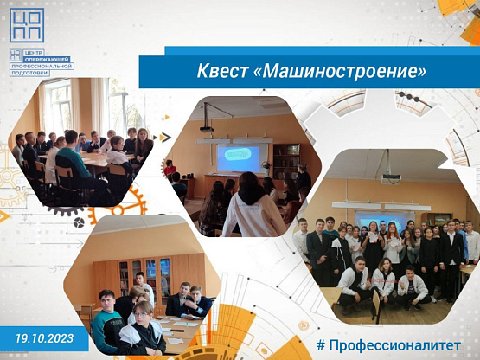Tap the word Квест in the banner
click(x=222, y=71)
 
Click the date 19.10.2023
click(x=45, y=338)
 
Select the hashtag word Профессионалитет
click(x=395, y=345)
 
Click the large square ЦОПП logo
click(x=27, y=25)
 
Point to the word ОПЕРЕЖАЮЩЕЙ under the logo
click(x=48, y=59)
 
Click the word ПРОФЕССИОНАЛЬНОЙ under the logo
click(x=42, y=66)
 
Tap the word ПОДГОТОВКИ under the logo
click(x=29, y=73)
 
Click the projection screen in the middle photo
click(x=238, y=159)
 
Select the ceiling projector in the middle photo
click(x=207, y=129)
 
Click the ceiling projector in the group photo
click(x=391, y=178)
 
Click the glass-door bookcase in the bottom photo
click(x=144, y=276)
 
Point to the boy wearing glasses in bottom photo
click(x=143, y=328)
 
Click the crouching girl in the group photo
click(x=382, y=282)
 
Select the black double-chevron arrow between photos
click(x=165, y=138)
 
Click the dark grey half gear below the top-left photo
click(x=65, y=211)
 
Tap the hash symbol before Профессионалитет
click(x=321, y=345)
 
